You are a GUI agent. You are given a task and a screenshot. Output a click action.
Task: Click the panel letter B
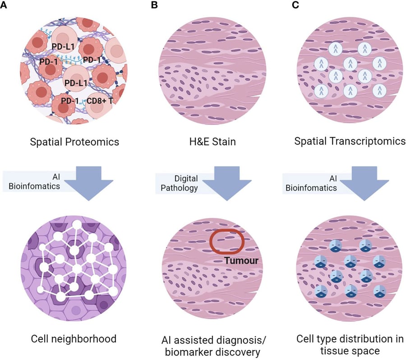pyautogui.click(x=156, y=5)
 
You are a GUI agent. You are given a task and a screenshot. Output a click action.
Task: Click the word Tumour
pyautogui.click(x=242, y=260)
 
